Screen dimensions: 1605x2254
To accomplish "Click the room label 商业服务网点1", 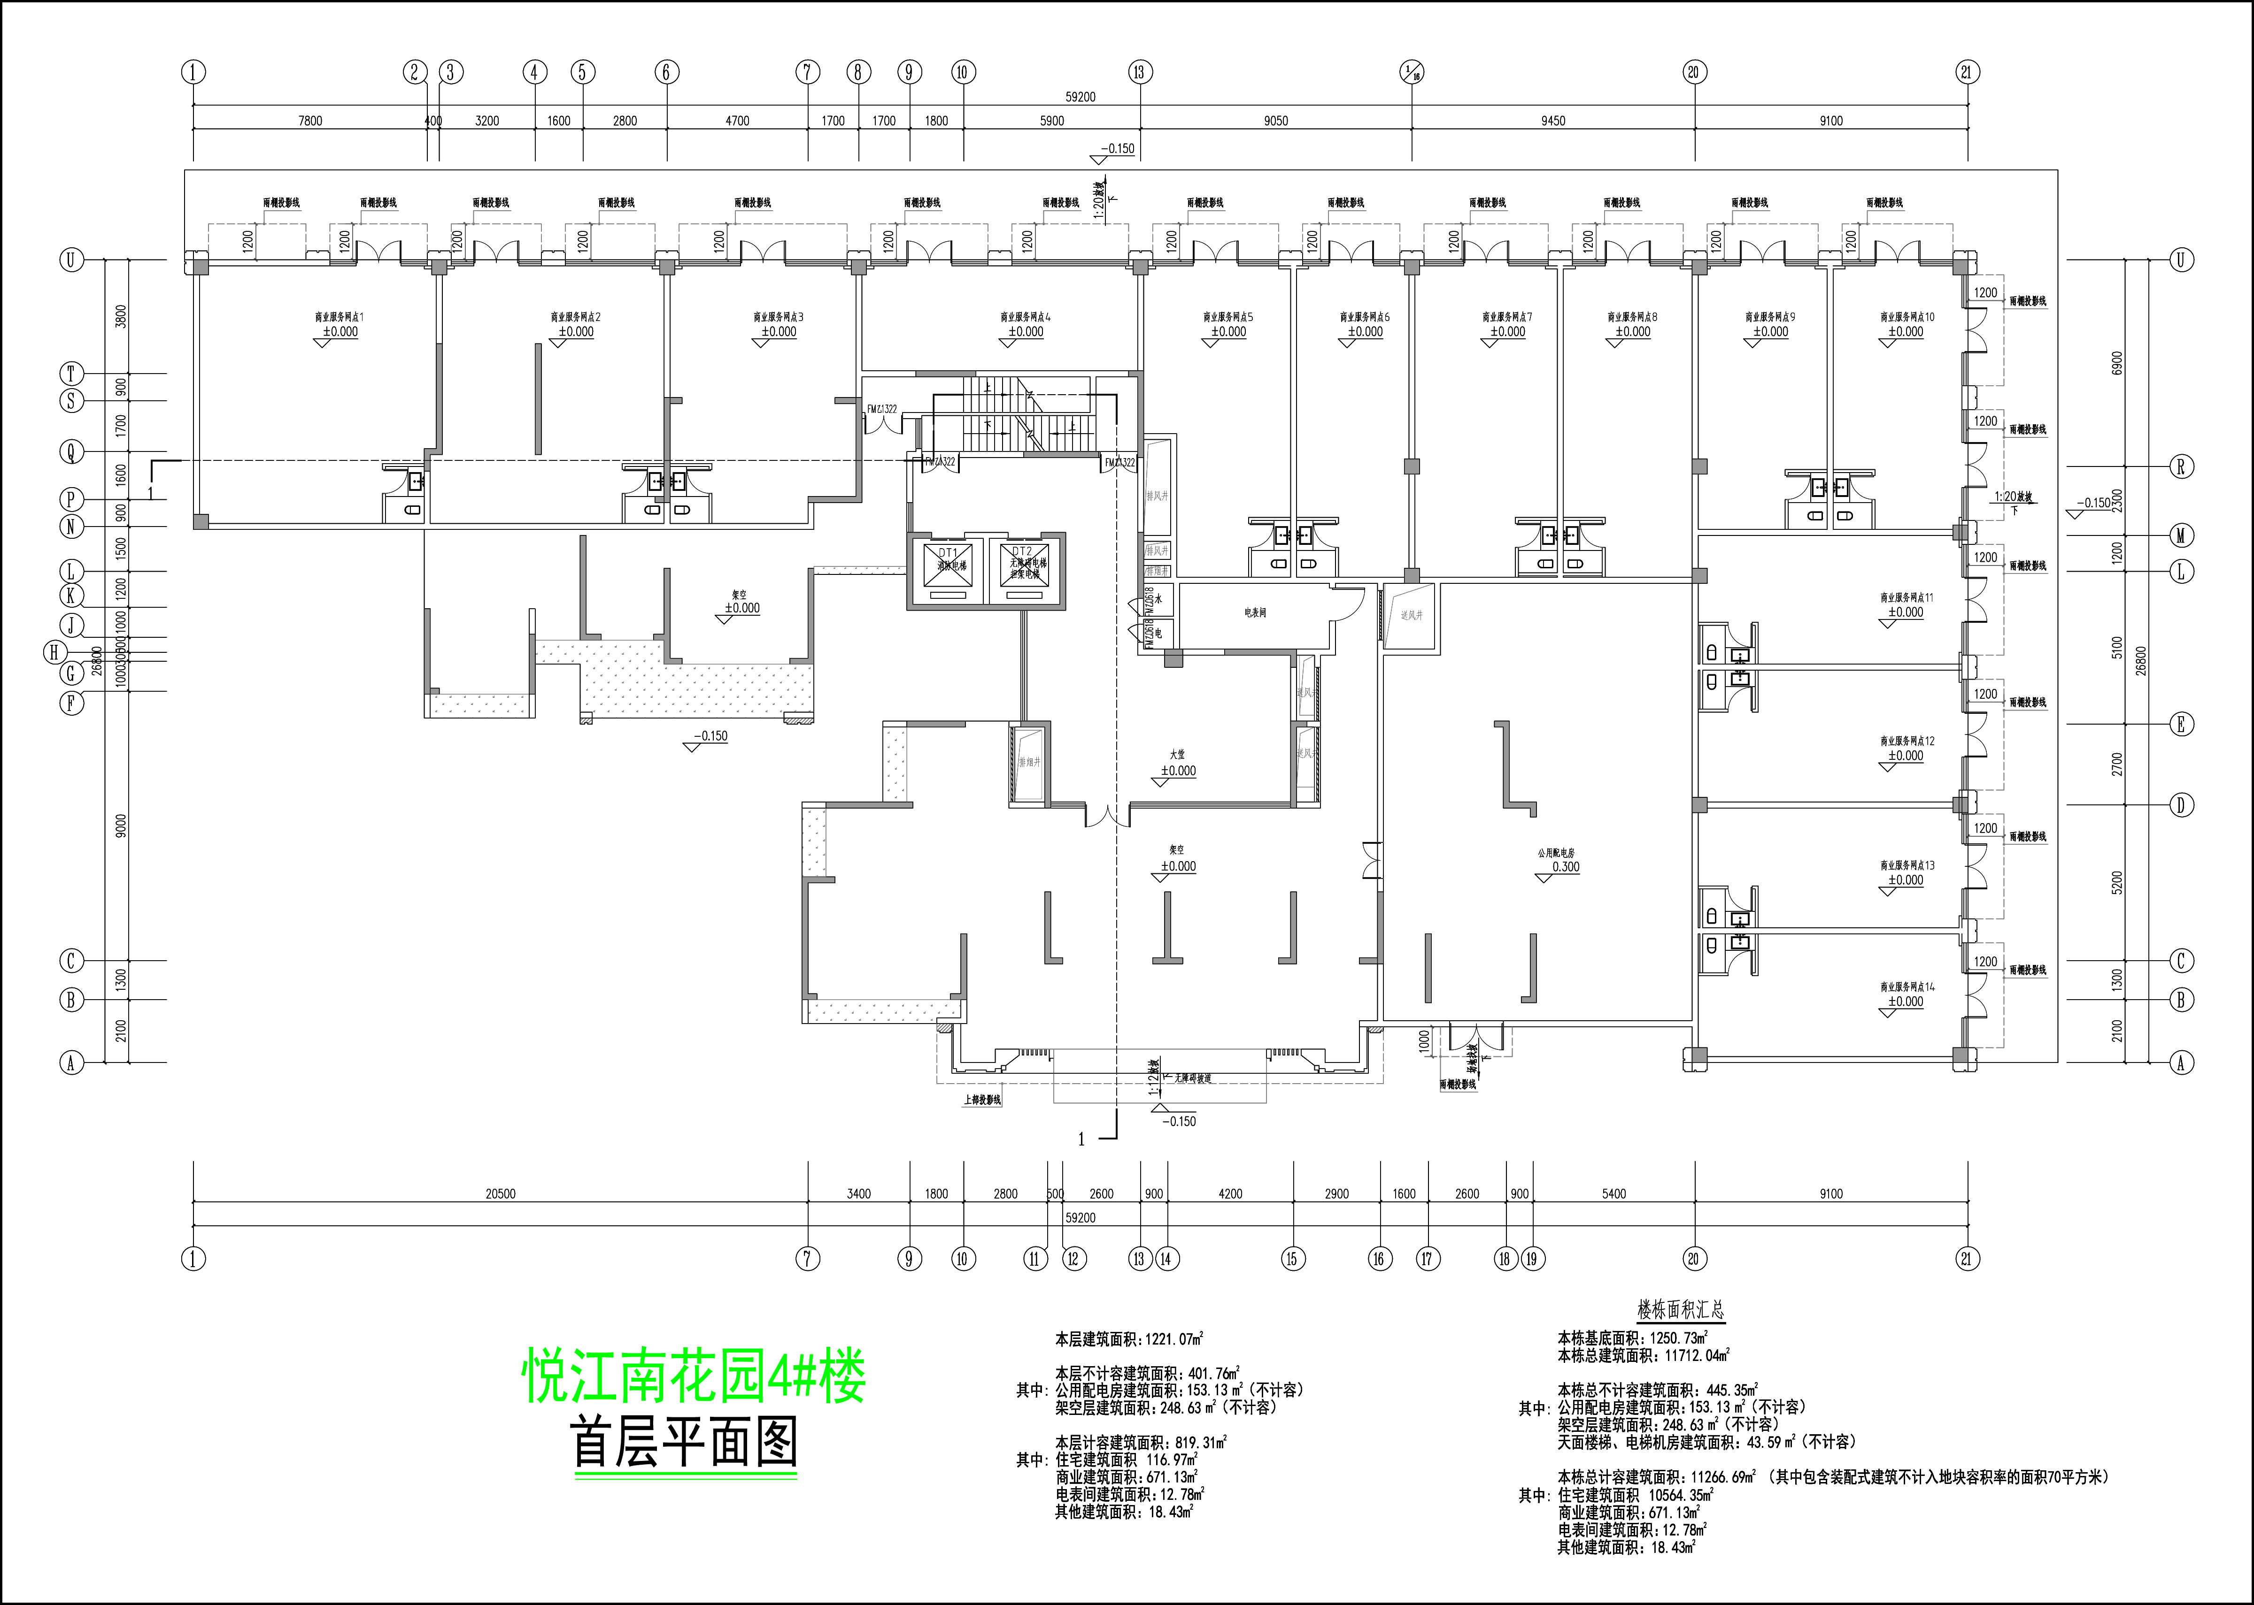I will click(339, 317).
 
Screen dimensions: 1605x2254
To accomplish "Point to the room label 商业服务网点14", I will click(1907, 986).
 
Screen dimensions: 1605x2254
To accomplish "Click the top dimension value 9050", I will click(1275, 121).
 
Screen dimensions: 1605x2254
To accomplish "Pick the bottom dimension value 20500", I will click(500, 1194).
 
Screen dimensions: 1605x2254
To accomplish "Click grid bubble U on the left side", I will click(70, 260).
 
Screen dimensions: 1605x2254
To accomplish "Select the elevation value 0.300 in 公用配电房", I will click(1566, 867).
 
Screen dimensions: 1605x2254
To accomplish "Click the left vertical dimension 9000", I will click(121, 825).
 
